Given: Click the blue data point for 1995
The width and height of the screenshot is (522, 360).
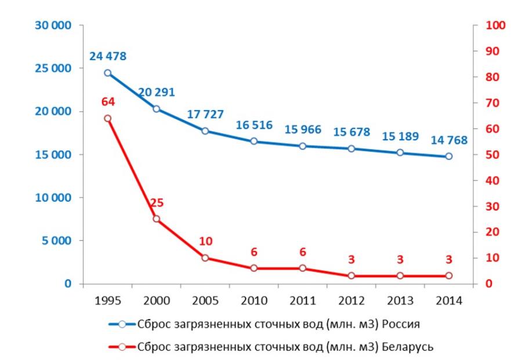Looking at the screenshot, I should click(107, 73).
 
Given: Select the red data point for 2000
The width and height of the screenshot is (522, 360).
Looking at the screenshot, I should click(156, 219).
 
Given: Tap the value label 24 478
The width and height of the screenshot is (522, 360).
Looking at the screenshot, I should click(107, 57).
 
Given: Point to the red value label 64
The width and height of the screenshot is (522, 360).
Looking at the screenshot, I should click(107, 102).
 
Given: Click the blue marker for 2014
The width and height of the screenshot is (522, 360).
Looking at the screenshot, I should click(448, 157).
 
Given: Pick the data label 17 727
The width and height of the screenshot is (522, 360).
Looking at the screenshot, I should click(205, 115).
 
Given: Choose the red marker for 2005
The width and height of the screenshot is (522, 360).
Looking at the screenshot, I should click(205, 258).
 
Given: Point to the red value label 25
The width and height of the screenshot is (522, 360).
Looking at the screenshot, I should click(156, 203).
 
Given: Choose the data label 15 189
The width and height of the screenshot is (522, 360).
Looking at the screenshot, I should click(400, 137).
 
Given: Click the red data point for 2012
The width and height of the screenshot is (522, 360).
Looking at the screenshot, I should click(351, 276).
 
